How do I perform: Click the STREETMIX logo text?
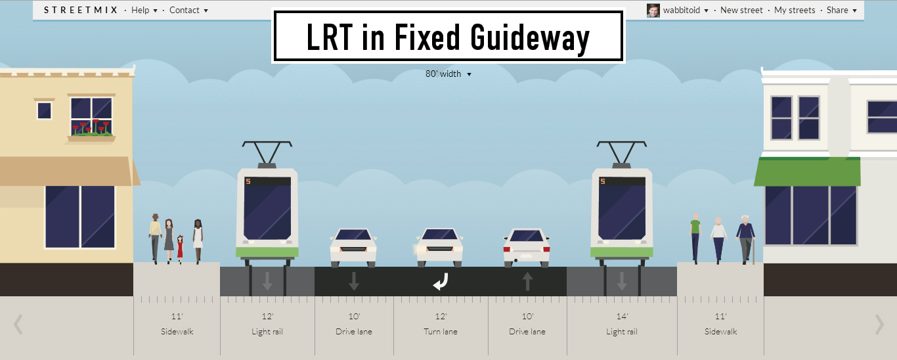[x=81, y=10]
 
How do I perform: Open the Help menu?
[x=144, y=10]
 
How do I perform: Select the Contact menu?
[x=188, y=10]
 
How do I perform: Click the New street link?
[x=741, y=10]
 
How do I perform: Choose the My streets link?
[x=795, y=10]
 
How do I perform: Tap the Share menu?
[x=841, y=10]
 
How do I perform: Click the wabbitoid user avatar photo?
[x=653, y=10]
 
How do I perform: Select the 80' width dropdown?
[x=448, y=74]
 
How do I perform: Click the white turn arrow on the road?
[x=440, y=282]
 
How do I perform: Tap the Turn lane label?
[x=441, y=332]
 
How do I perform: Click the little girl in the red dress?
[x=180, y=248]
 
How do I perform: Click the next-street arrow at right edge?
[x=879, y=324]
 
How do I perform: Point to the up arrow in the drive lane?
[x=527, y=282]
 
